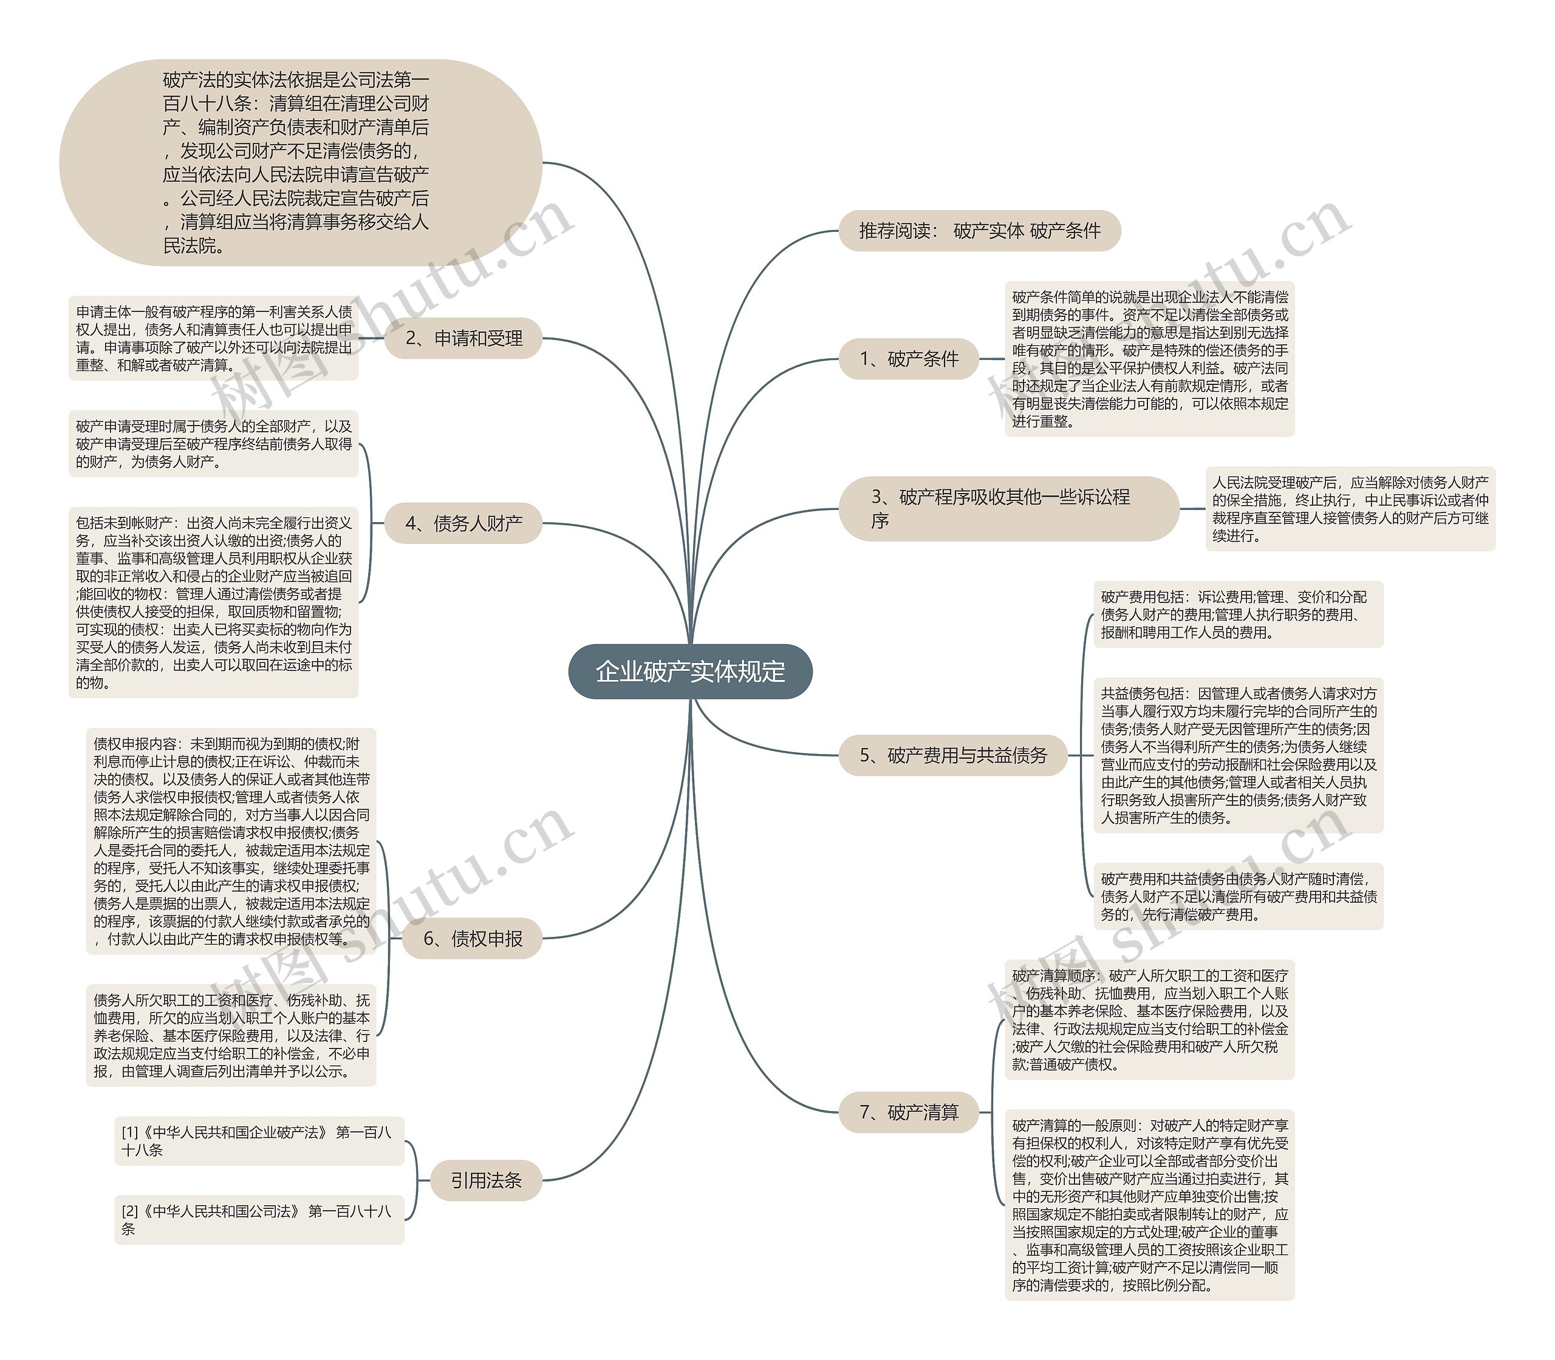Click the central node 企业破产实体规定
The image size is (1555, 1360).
(x=689, y=671)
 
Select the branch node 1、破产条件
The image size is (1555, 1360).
(x=908, y=359)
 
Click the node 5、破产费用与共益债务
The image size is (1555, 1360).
(x=952, y=755)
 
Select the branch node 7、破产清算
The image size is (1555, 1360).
(x=908, y=1112)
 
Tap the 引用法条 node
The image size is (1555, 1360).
(x=486, y=1180)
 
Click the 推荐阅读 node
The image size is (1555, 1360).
(x=979, y=231)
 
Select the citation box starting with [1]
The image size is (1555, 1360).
(x=259, y=1141)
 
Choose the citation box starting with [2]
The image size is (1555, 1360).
(x=259, y=1220)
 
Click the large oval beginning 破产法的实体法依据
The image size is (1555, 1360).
(x=300, y=163)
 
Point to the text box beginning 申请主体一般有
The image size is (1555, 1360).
(x=213, y=339)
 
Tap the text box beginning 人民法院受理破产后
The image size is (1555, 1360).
(x=1349, y=509)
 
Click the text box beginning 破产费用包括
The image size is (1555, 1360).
(x=1238, y=614)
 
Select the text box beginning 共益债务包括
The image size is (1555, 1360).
(x=1238, y=755)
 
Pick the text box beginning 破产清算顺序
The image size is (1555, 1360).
(x=1149, y=1019)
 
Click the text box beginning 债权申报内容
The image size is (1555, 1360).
(x=231, y=841)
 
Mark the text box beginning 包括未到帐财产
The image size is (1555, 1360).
(x=213, y=602)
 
